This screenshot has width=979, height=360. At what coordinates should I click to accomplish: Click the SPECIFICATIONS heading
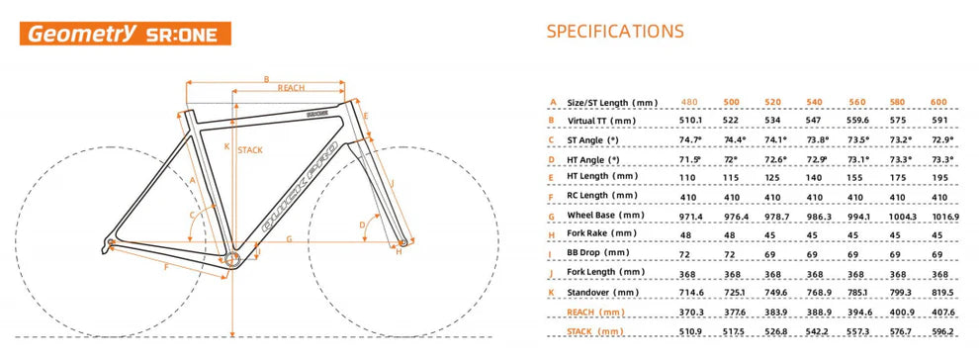point(614,31)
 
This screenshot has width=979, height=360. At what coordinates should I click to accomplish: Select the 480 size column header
point(692,102)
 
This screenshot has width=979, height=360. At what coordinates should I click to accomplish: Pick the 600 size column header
point(939,102)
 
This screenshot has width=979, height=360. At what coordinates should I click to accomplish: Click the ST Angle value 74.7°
point(692,139)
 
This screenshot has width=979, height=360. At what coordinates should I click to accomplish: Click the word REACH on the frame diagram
point(291,89)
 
